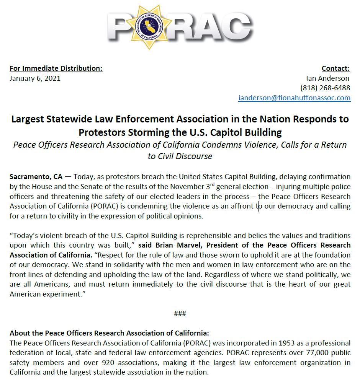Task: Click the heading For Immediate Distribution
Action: pos(56,68)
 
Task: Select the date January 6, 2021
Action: pos(35,78)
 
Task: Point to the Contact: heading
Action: pos(335,68)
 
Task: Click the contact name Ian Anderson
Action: pos(328,78)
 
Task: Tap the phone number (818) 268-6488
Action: pos(325,88)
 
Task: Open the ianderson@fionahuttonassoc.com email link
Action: pos(294,98)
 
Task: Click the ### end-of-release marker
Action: pos(180,314)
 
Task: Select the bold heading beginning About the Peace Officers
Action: pos(109,333)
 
